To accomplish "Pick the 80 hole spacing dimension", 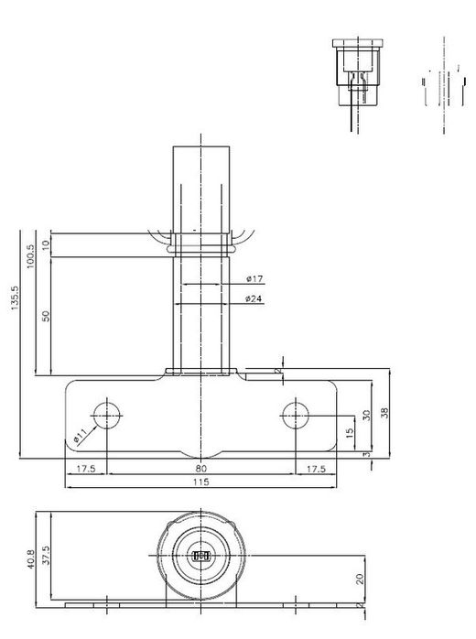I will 201,468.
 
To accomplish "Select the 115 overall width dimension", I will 201,482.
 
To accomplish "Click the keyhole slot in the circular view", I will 201,555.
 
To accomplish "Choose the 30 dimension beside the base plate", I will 366,414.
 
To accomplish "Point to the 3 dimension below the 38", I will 366,453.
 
